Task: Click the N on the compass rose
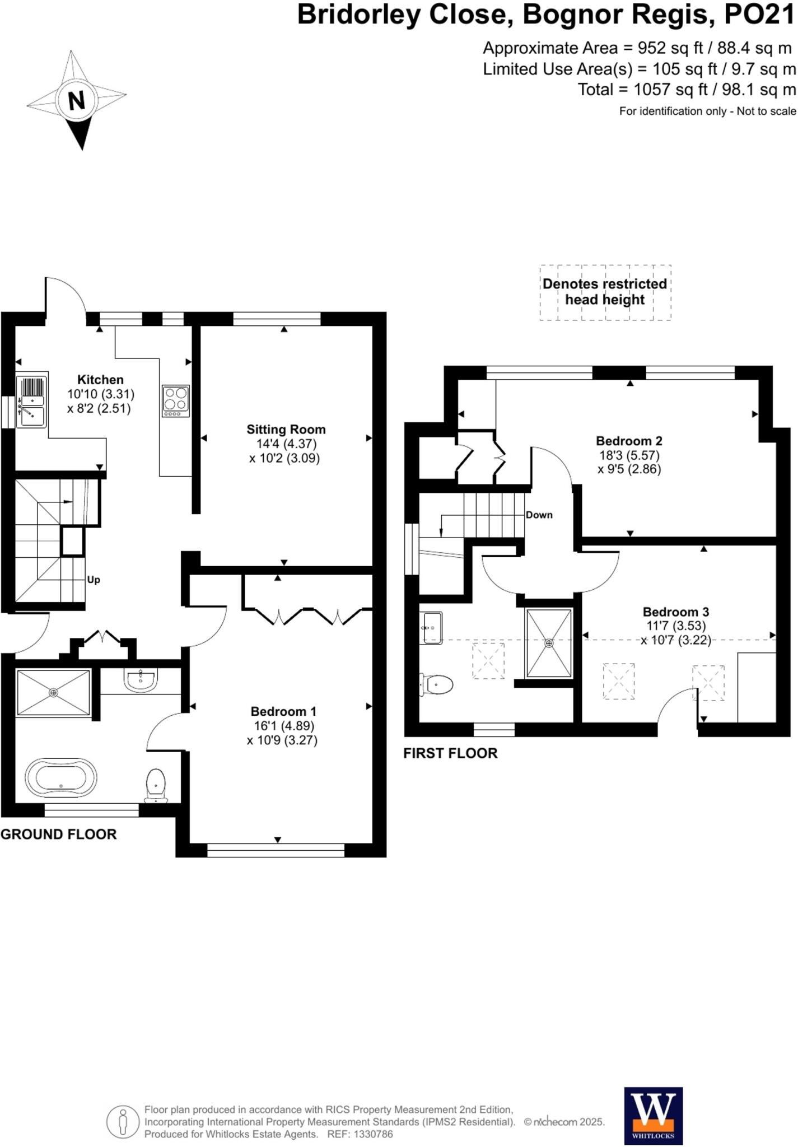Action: click(x=76, y=101)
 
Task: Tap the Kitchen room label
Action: click(x=100, y=380)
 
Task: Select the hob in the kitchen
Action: click(x=176, y=400)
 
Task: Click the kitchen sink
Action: click(x=31, y=402)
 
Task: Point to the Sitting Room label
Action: click(x=286, y=430)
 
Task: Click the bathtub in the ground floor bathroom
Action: click(x=61, y=778)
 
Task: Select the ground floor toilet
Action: click(x=156, y=785)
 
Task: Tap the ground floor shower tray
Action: click(x=53, y=693)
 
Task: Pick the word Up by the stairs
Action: click(x=94, y=580)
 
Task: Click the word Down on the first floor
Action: click(x=539, y=515)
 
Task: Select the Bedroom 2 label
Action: click(x=629, y=441)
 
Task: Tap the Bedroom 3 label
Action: click(x=675, y=612)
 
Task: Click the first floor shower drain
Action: click(x=549, y=643)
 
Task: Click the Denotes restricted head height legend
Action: click(x=605, y=292)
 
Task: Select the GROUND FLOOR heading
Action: click(x=58, y=834)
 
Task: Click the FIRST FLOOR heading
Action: click(x=450, y=753)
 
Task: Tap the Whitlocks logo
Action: click(x=654, y=1116)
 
